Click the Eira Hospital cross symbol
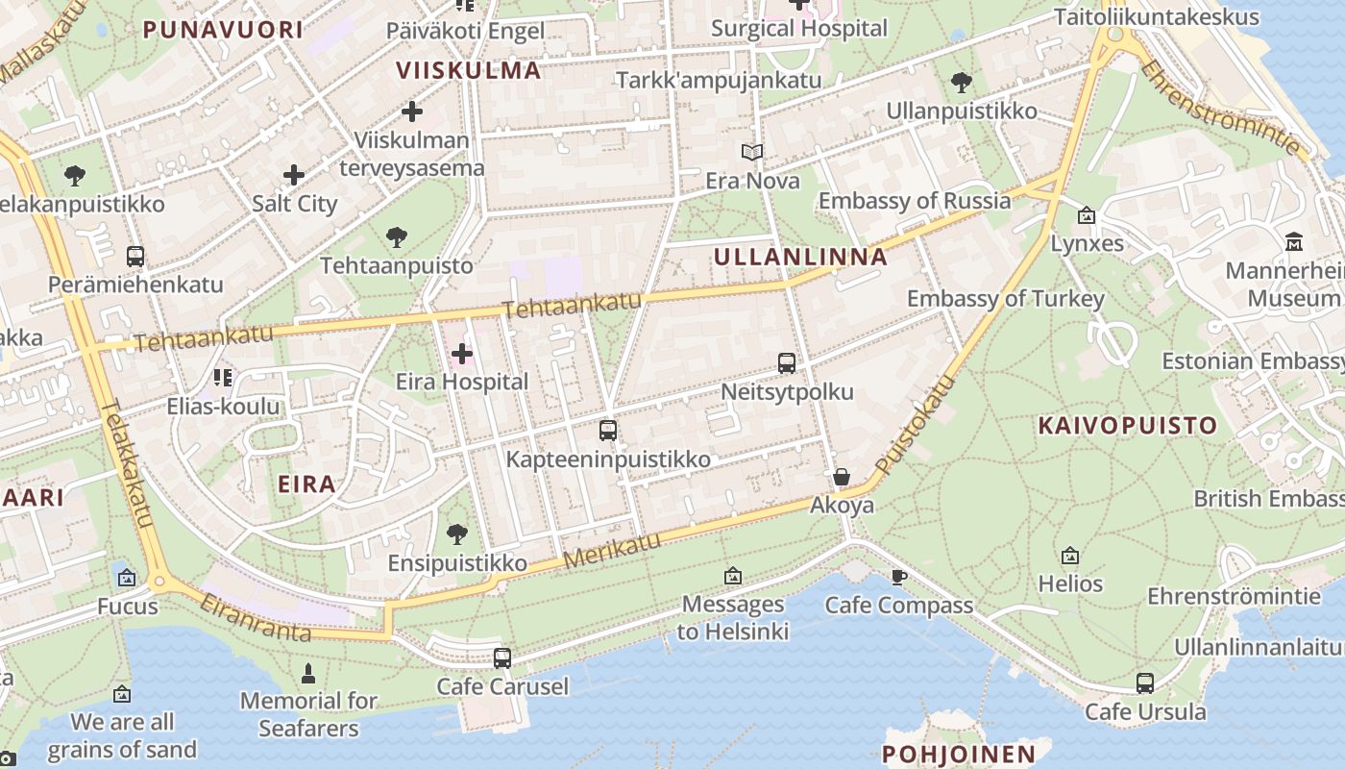pyautogui.click(x=462, y=354)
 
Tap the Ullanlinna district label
pyautogui.click(x=800, y=257)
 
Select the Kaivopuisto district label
pyautogui.click(x=1127, y=425)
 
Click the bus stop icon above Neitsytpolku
pyautogui.click(x=787, y=363)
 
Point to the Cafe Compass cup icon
pyautogui.click(x=898, y=577)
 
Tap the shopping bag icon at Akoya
pyautogui.click(x=842, y=477)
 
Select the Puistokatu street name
pyautogui.click(x=917, y=424)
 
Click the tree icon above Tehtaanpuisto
pyautogui.click(x=396, y=236)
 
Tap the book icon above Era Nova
pyautogui.click(x=752, y=152)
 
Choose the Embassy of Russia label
pyautogui.click(x=915, y=201)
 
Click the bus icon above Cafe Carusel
pyautogui.click(x=502, y=658)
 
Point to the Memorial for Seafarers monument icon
pyautogui.click(x=308, y=672)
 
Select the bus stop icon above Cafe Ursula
pyautogui.click(x=1144, y=683)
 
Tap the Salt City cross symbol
pyautogui.click(x=294, y=175)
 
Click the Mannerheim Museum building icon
pyautogui.click(x=1293, y=241)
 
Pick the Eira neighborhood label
pyautogui.click(x=306, y=484)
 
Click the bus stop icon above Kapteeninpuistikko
pyautogui.click(x=607, y=431)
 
